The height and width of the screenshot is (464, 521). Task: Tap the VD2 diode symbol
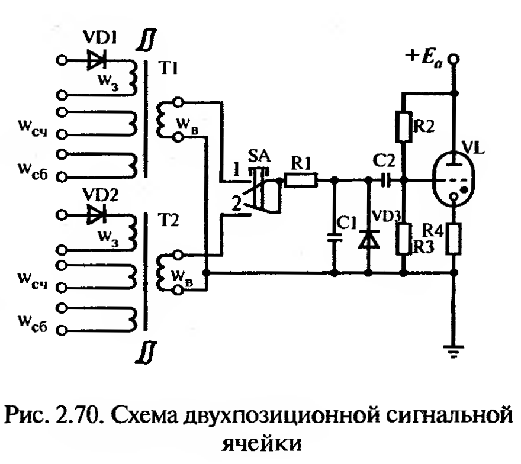tap(94, 214)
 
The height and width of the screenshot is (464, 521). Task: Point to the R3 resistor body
tap(404, 237)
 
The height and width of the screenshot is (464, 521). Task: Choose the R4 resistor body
tap(454, 237)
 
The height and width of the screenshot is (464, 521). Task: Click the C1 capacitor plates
tap(335, 238)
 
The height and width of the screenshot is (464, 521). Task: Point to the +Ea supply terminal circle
tap(454, 59)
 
